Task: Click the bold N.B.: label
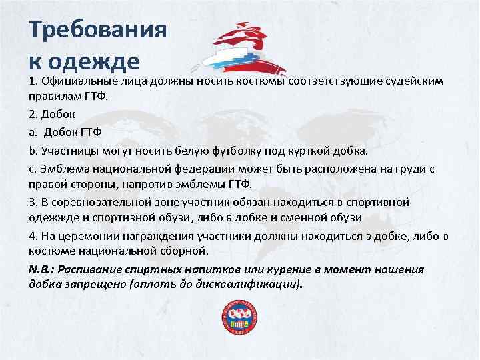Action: point(43,269)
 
